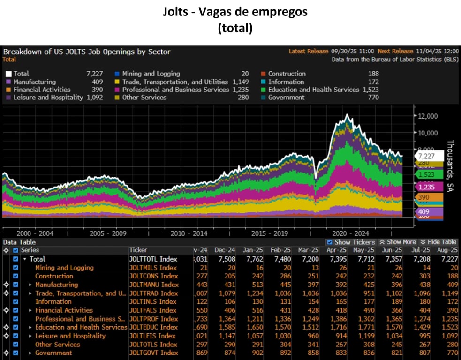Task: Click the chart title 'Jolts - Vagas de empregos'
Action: [x=235, y=12]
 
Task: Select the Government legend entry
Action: [x=286, y=97]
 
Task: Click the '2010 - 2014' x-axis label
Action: [x=189, y=233]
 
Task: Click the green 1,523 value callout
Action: [x=426, y=174]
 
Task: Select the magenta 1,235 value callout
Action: [x=426, y=187]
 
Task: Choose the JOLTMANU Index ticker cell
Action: [x=154, y=285]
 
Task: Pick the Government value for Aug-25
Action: [x=451, y=353]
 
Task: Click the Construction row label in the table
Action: [x=54, y=276]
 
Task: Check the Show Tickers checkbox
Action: [x=330, y=242]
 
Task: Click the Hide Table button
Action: [x=438, y=242]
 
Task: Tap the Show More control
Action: [x=397, y=242]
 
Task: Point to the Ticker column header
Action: [x=138, y=250]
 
